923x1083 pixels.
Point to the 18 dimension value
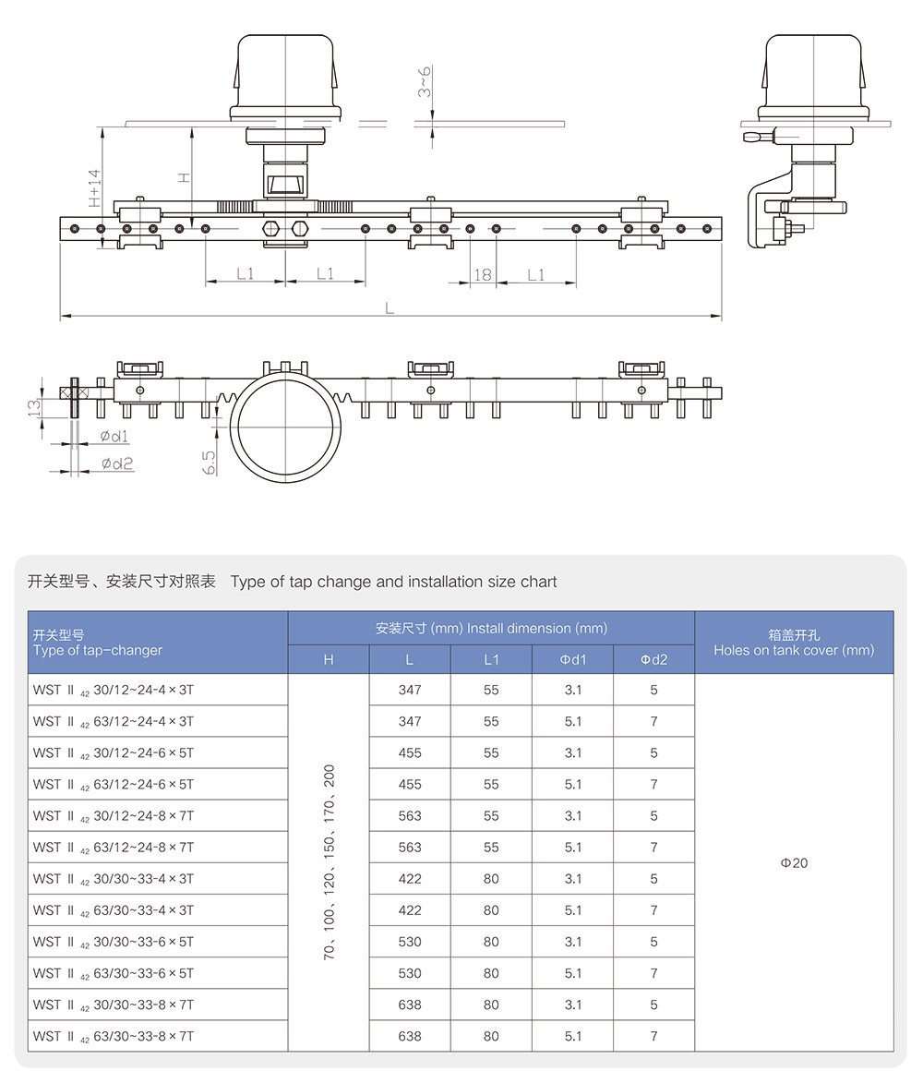tap(482, 274)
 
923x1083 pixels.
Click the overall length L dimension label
tap(390, 308)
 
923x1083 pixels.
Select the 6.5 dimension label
tap(210, 463)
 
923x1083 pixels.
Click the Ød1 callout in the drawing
tap(115, 437)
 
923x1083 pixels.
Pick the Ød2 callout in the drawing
tap(117, 463)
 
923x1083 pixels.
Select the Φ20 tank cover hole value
tap(794, 863)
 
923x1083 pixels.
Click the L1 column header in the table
tap(491, 659)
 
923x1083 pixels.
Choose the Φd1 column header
tap(572, 659)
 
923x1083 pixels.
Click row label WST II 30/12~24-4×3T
tap(114, 691)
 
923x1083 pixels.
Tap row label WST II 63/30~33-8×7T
tap(114, 1037)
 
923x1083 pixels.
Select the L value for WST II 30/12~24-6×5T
tap(410, 753)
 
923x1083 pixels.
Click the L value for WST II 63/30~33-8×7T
tap(410, 1037)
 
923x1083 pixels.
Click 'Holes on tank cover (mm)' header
tap(794, 650)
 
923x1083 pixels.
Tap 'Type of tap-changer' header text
tap(97, 651)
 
